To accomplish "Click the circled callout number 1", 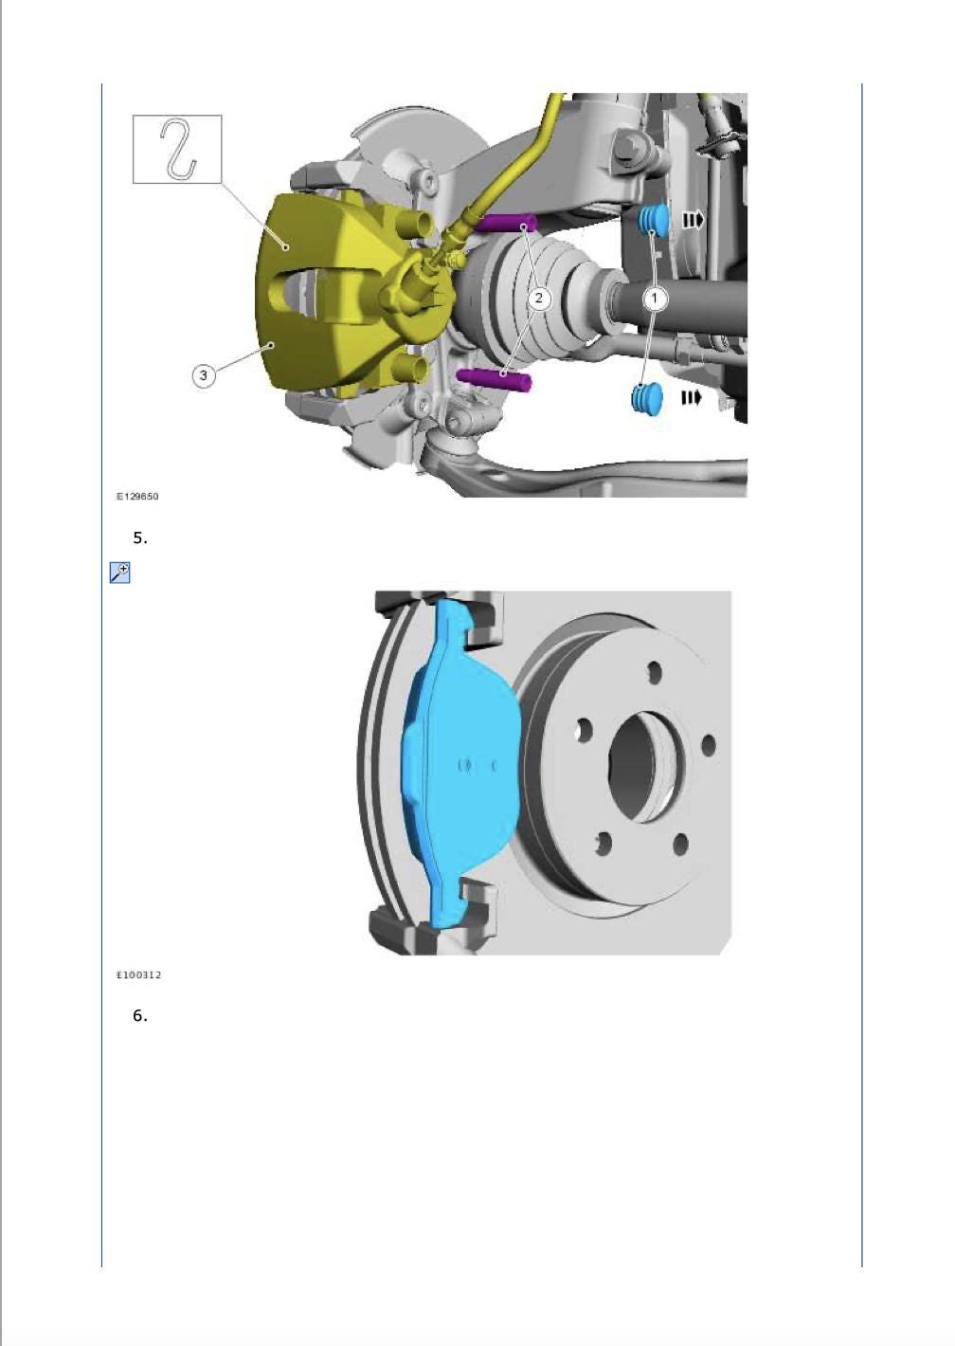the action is point(655,298).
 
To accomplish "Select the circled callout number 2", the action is point(539,298).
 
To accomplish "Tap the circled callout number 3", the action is point(203,375).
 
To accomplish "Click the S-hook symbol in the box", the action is point(179,149).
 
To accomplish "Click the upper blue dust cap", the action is point(652,220).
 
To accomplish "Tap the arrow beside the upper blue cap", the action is point(694,221).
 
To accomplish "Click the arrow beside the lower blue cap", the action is point(691,398).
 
